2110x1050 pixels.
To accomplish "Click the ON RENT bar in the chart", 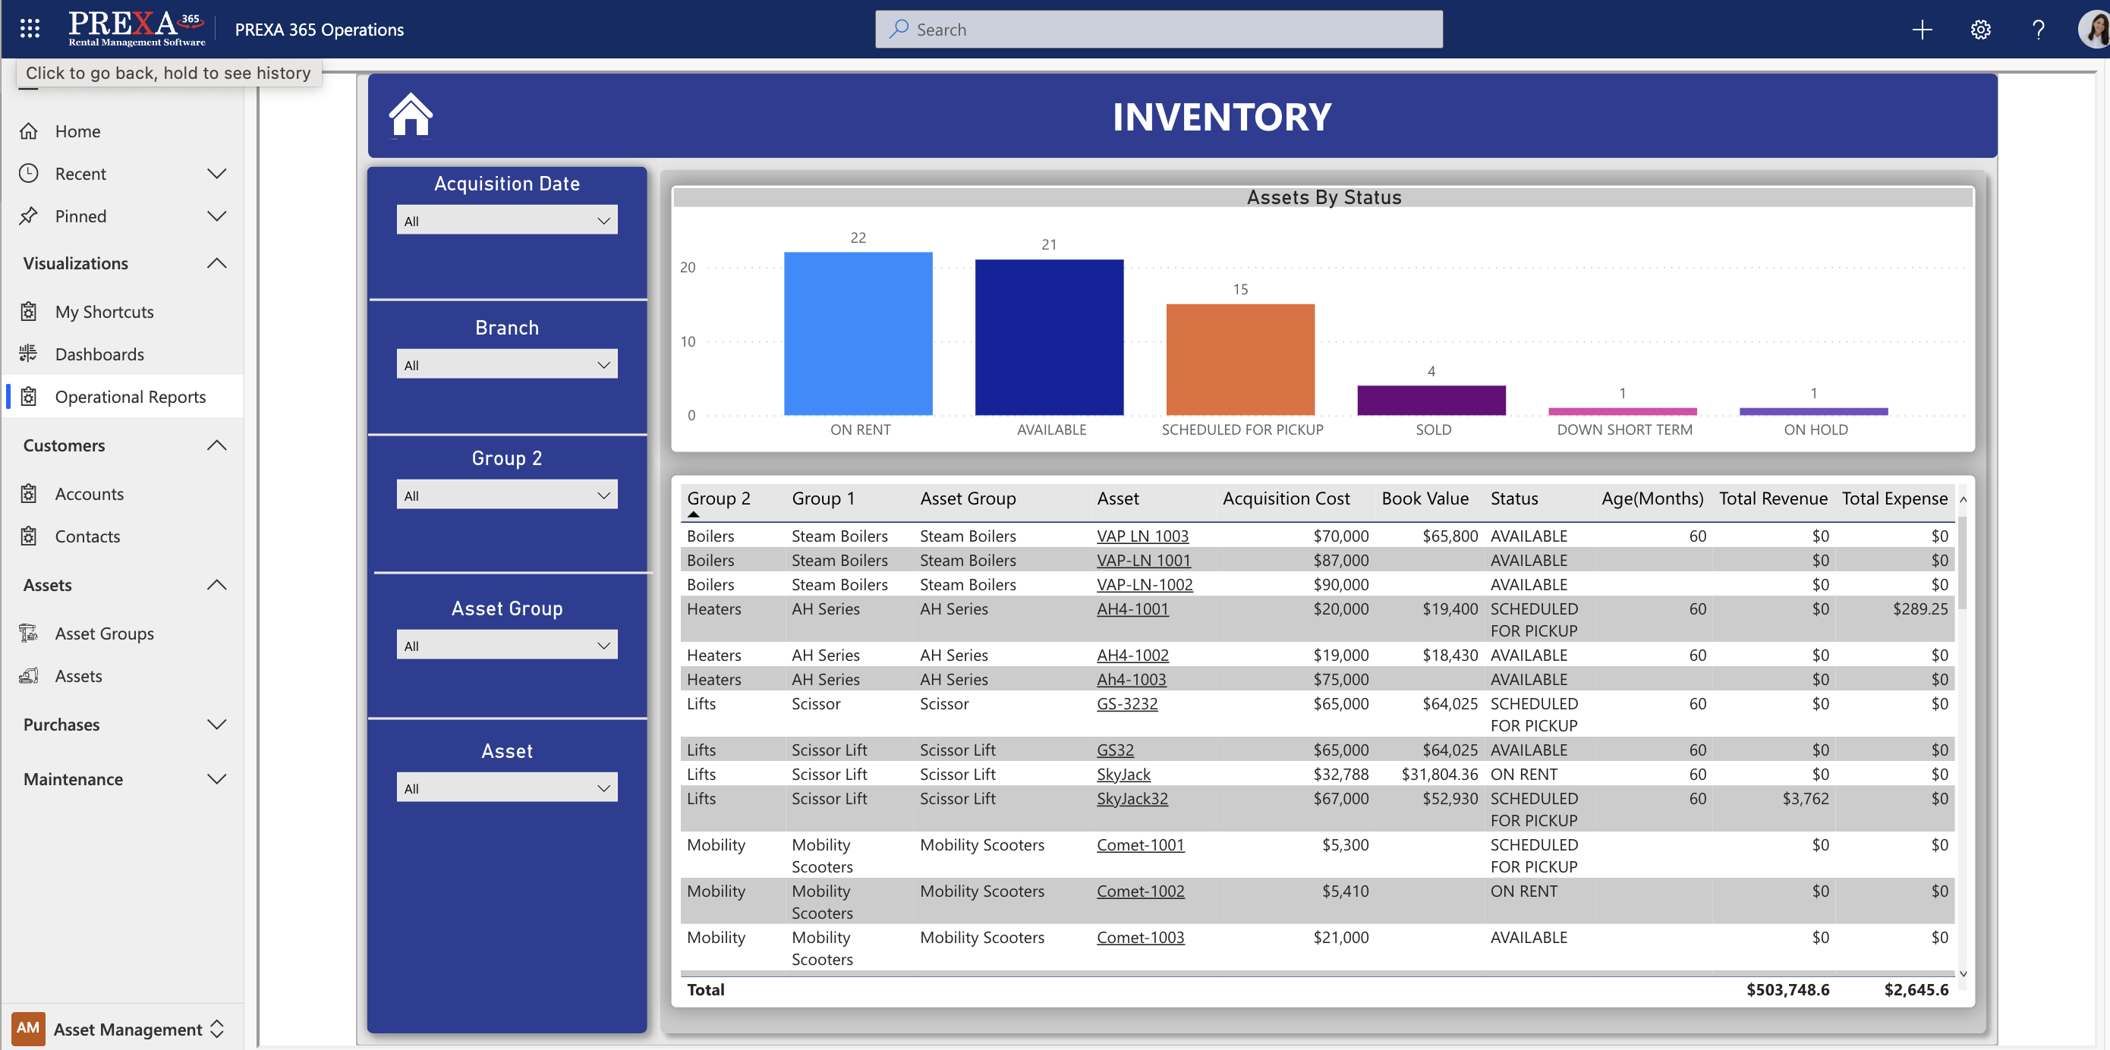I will point(858,333).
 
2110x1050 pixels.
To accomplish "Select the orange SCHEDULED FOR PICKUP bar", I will point(1240,360).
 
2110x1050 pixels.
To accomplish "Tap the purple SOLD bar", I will point(1431,401).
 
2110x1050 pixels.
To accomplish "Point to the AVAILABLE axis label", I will point(1051,430).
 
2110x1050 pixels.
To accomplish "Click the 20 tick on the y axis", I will point(687,268).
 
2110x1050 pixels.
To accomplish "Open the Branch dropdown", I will point(506,365).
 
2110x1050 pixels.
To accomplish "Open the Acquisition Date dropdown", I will point(506,221).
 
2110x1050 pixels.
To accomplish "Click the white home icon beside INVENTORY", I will point(411,115).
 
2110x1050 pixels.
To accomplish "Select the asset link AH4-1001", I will point(1132,609).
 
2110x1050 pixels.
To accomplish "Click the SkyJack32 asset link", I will point(1132,799).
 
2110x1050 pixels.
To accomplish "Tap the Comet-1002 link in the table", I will point(1140,891).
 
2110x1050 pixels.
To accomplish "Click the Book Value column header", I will point(1425,498).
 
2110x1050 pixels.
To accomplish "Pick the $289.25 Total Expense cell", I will point(1919,609).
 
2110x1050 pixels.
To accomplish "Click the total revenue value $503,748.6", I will point(1787,989).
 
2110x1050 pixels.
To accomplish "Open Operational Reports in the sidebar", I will point(131,398).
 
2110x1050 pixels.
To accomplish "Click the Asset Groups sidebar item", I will point(104,634).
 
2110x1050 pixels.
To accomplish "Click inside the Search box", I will point(1158,30).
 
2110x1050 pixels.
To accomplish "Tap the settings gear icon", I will point(1979,30).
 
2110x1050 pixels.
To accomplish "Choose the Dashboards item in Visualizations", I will point(99,354).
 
